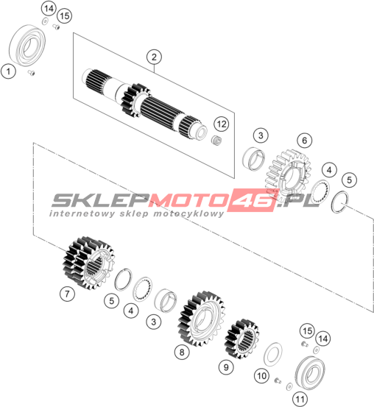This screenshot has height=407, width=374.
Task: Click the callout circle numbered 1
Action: [8, 71]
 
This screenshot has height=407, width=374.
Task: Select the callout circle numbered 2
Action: [154, 57]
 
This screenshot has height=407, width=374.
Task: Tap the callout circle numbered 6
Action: [304, 141]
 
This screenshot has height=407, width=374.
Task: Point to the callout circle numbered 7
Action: [67, 294]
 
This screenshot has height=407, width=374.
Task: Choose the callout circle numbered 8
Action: [182, 353]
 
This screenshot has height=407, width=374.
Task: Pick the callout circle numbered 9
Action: [226, 367]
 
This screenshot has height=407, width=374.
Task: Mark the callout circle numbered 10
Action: [261, 375]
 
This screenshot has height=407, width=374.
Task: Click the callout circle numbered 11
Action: [300, 399]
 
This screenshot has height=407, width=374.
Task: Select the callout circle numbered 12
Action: [222, 124]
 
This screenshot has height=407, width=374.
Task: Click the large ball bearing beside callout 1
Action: [27, 45]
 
